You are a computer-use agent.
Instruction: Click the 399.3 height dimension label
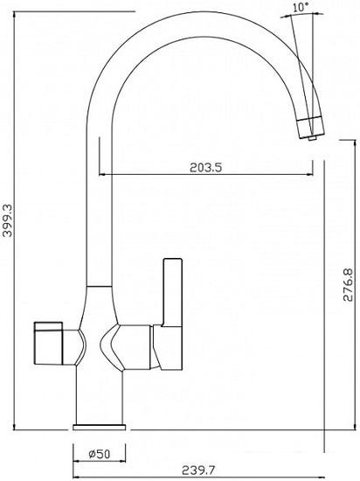point(8,220)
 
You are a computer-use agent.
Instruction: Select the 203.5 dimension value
point(205,168)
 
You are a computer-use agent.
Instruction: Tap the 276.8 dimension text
point(348,285)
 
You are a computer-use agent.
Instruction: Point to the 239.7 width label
point(199,470)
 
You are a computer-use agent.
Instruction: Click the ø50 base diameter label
point(100,454)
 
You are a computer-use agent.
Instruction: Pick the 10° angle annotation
point(301,7)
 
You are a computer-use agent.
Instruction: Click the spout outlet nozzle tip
point(313,139)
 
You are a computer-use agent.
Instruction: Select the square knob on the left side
point(48,343)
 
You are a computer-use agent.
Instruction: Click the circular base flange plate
point(100,427)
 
